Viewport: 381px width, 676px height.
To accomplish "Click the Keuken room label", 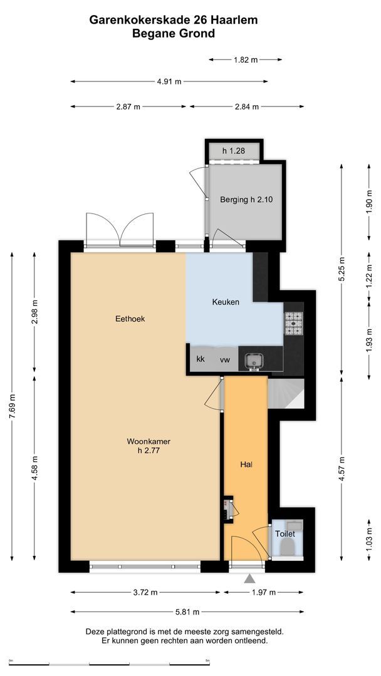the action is (225, 302).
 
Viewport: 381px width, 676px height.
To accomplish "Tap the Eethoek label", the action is (130, 319).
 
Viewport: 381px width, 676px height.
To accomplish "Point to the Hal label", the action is (246, 464).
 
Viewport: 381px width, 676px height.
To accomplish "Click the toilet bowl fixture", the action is (288, 548).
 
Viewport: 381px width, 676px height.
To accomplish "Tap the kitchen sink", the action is (253, 360).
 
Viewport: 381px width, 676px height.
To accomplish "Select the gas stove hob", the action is (293, 324).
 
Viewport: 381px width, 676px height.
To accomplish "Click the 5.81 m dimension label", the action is (187, 612).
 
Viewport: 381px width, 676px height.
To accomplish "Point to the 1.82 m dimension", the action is (246, 60).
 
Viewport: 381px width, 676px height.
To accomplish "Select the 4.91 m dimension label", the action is (169, 81).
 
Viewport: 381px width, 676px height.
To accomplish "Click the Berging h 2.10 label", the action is (246, 200).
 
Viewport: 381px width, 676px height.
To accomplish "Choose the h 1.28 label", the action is (234, 151).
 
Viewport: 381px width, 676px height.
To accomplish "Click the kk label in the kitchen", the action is (200, 359).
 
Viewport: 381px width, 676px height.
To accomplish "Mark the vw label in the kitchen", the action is (225, 359).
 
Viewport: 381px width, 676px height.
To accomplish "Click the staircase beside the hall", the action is (286, 394).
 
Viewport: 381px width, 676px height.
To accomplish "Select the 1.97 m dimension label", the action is (264, 592).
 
